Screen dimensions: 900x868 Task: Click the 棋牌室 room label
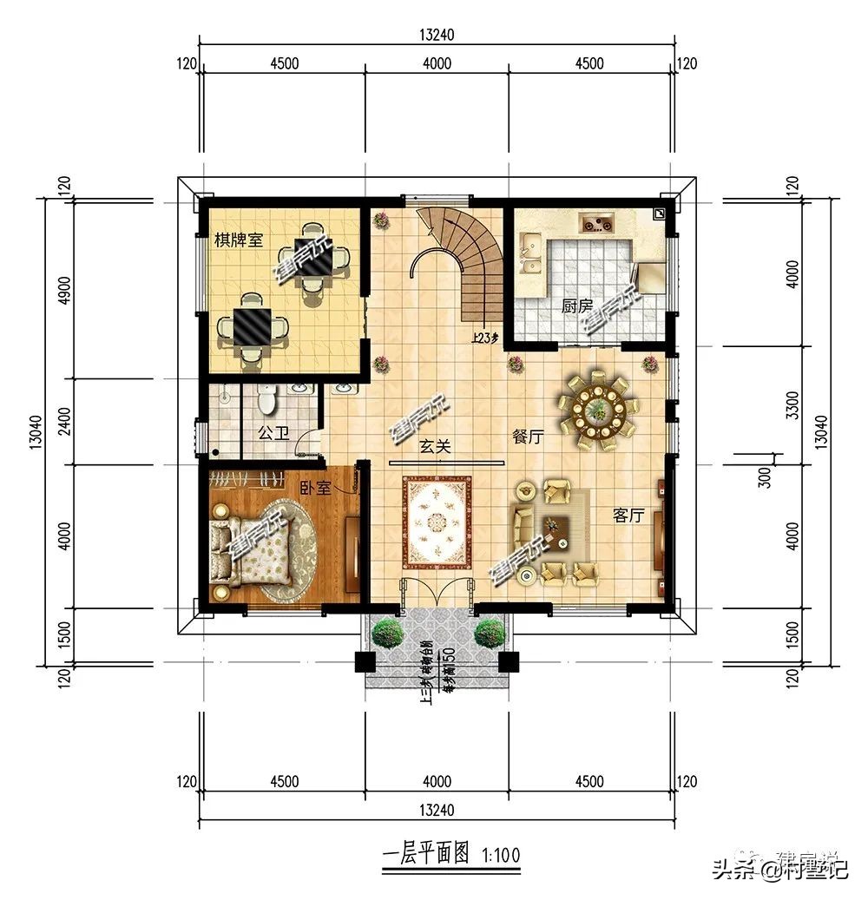239,239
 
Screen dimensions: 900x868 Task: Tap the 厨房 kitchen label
576,305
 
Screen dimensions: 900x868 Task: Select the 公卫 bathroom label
273,431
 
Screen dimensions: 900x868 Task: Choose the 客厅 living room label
628,516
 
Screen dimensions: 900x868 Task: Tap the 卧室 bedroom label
317,488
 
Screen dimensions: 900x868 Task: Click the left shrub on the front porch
387,633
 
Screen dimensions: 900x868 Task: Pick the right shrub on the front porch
490,633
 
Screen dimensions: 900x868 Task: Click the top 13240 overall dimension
437,35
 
